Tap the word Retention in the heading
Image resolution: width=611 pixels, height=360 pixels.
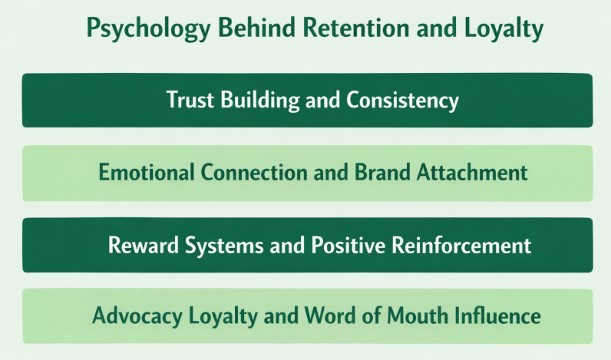coord(335,28)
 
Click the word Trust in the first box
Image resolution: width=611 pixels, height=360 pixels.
coord(187,100)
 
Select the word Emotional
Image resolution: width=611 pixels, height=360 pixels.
coord(145,172)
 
